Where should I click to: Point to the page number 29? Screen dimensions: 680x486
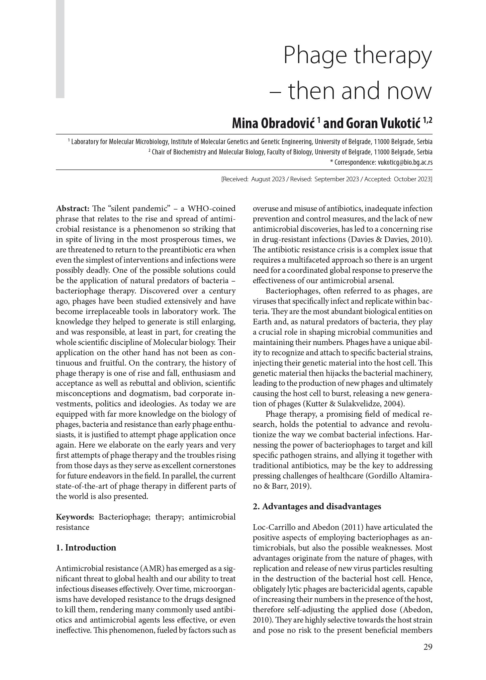point(428,656)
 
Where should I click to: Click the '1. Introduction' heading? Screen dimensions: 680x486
point(86,548)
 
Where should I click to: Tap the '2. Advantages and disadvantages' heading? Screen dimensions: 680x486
point(317,506)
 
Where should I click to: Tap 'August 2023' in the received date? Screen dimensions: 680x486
point(268,179)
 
